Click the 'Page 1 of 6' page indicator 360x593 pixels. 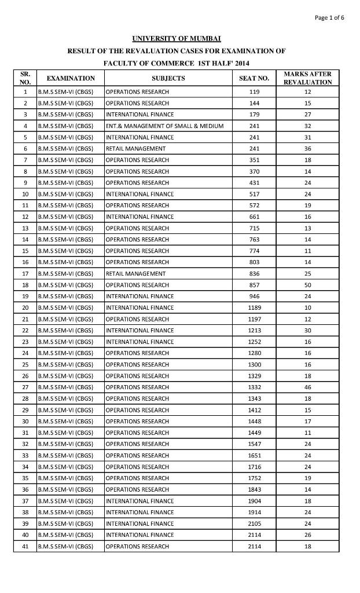(329, 17)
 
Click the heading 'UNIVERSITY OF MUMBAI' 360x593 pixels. (177, 39)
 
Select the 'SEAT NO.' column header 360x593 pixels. (254, 78)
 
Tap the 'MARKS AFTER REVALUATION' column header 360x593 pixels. (307, 78)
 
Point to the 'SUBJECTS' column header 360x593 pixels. (168, 78)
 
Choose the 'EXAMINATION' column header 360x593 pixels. (71, 78)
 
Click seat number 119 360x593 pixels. (254, 92)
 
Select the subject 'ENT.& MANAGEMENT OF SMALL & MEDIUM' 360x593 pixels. (165, 126)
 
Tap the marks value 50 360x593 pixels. (307, 285)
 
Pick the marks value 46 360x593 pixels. (307, 387)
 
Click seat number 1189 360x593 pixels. (254, 308)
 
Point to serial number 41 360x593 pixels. (25, 547)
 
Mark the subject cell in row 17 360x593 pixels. (136, 274)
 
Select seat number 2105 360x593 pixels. (254, 524)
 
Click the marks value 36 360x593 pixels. (307, 149)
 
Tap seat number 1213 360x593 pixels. (254, 331)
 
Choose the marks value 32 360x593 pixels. (307, 126)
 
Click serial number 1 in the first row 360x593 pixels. (25, 92)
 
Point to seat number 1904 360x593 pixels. (254, 501)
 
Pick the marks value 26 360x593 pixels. (307, 535)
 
